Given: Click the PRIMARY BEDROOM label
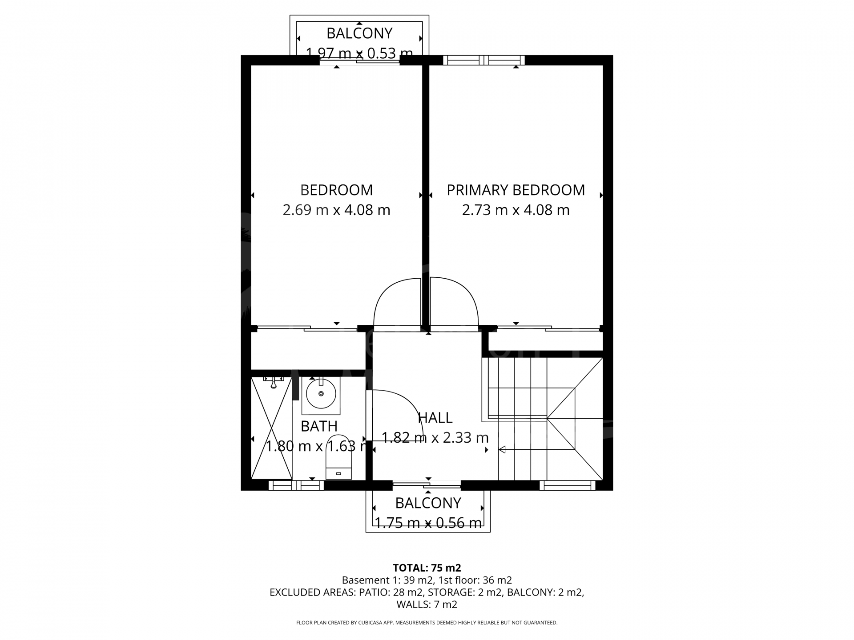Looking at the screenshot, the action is (516, 190).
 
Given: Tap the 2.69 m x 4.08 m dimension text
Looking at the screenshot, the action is (336, 210).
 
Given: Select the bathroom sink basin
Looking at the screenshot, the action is (321, 394).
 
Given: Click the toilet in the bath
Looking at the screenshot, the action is (338, 457).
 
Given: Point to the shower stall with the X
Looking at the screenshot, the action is (271, 428).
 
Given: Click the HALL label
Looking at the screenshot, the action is (435, 418).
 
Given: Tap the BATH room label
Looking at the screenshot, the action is (319, 426).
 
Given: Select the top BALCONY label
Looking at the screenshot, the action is (359, 33).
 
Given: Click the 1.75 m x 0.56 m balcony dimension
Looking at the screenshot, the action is (428, 523).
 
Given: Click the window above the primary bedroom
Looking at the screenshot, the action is (484, 60).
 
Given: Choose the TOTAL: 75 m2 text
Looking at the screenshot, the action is (427, 568).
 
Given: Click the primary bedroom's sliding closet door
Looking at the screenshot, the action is (548, 328).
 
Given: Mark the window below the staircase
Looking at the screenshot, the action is (568, 485).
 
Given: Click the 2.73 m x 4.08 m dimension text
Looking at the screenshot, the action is (516, 210).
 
